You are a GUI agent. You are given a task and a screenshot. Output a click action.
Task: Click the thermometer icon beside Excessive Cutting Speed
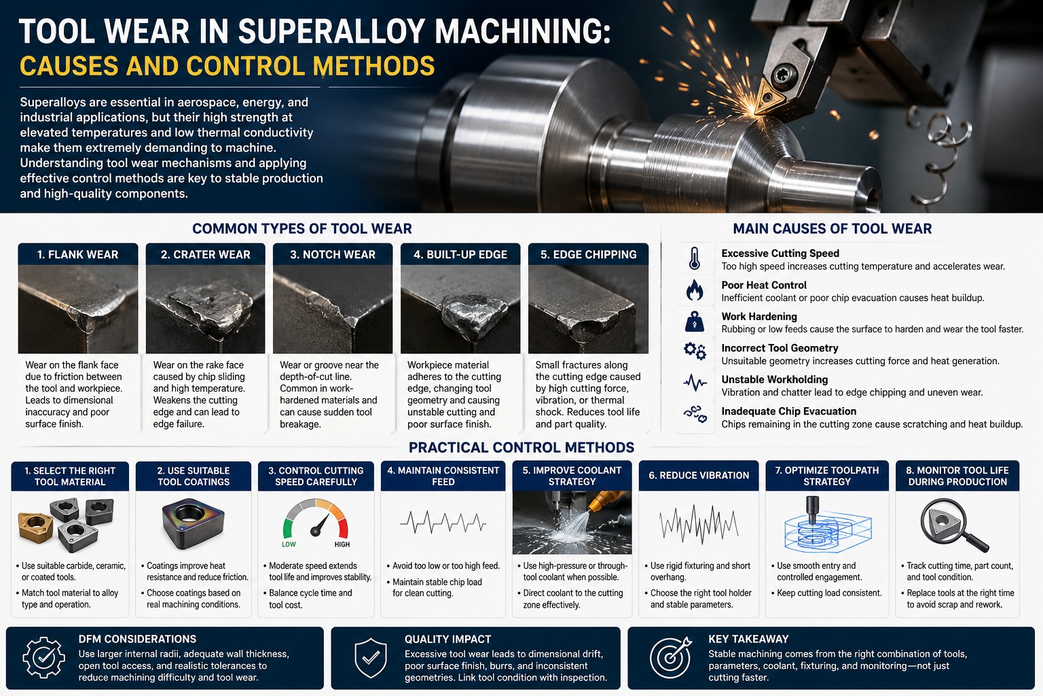[694, 259]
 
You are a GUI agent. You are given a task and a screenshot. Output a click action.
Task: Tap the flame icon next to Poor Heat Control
[694, 290]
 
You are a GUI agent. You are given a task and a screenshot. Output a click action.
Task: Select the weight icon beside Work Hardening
[694, 321]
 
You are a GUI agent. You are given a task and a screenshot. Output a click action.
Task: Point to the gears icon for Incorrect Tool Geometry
[695, 351]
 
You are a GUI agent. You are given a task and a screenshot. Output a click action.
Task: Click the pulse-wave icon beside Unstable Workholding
[695, 383]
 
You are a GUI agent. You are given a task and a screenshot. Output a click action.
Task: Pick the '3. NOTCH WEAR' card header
[333, 254]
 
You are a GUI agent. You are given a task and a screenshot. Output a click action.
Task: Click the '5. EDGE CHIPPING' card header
[588, 254]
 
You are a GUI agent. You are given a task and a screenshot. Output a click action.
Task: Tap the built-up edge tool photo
[460, 309]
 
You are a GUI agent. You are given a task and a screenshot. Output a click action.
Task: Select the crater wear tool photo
[205, 309]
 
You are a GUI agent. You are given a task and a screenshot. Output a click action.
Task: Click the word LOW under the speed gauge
[289, 544]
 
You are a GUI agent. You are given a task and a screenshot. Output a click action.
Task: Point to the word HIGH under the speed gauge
[342, 544]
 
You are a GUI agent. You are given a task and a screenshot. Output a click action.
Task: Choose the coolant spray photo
[572, 523]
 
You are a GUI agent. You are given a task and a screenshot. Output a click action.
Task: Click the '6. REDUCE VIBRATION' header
[699, 476]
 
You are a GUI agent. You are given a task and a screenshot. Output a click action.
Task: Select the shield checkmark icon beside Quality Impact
[371, 658]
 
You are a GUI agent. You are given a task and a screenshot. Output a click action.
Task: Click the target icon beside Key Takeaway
[671, 657]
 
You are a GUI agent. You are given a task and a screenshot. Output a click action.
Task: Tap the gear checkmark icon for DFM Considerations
[43, 657]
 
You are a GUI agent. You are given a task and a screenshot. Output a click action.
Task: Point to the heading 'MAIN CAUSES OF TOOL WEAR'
[832, 229]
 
